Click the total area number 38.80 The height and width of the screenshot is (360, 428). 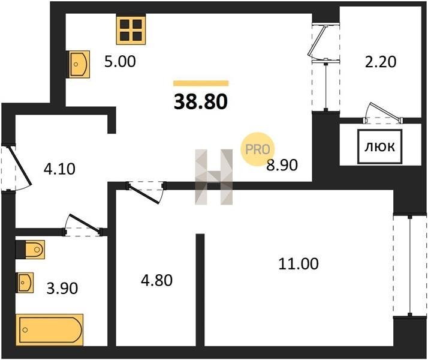(201, 101)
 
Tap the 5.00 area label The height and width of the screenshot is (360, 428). (120, 61)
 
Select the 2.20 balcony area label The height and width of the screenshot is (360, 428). (381, 62)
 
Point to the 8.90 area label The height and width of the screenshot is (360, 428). (282, 165)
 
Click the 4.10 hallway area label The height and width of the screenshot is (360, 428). (59, 169)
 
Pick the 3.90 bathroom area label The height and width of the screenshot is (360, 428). (62, 288)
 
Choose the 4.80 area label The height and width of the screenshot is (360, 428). (156, 281)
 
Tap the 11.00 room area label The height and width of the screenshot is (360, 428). (299, 264)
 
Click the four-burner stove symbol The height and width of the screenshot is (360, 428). (131, 29)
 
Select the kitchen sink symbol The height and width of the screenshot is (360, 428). (79, 64)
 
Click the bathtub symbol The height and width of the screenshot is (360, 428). (49, 329)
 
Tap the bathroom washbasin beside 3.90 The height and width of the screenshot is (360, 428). (25, 283)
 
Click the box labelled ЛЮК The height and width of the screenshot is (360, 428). (380, 147)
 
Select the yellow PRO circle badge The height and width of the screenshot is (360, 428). (257, 149)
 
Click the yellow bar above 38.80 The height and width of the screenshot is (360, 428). (201, 83)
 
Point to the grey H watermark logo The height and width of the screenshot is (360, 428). (214, 177)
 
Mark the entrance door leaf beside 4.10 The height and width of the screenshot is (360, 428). (21, 166)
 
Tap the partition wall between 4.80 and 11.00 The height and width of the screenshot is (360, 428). (200, 290)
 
